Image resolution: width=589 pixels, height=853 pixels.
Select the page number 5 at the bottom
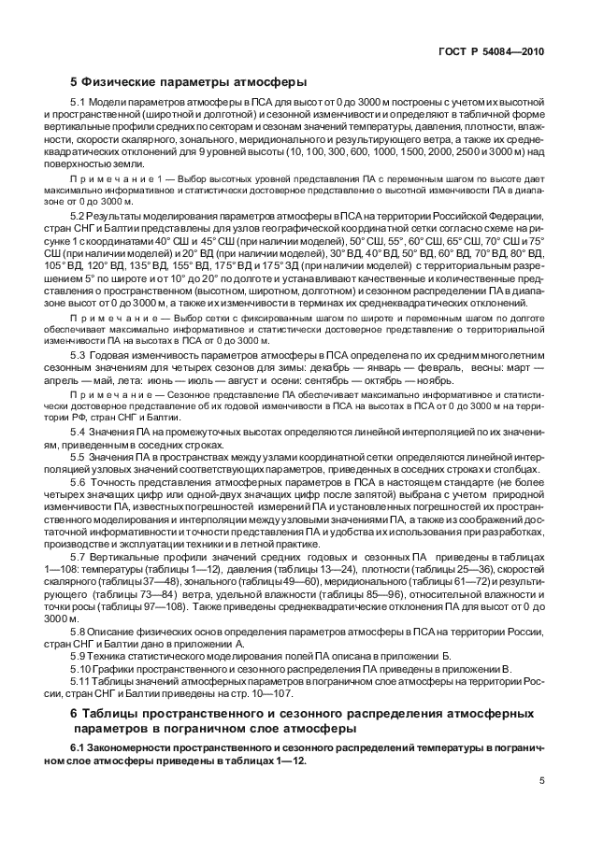(x=541, y=781)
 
